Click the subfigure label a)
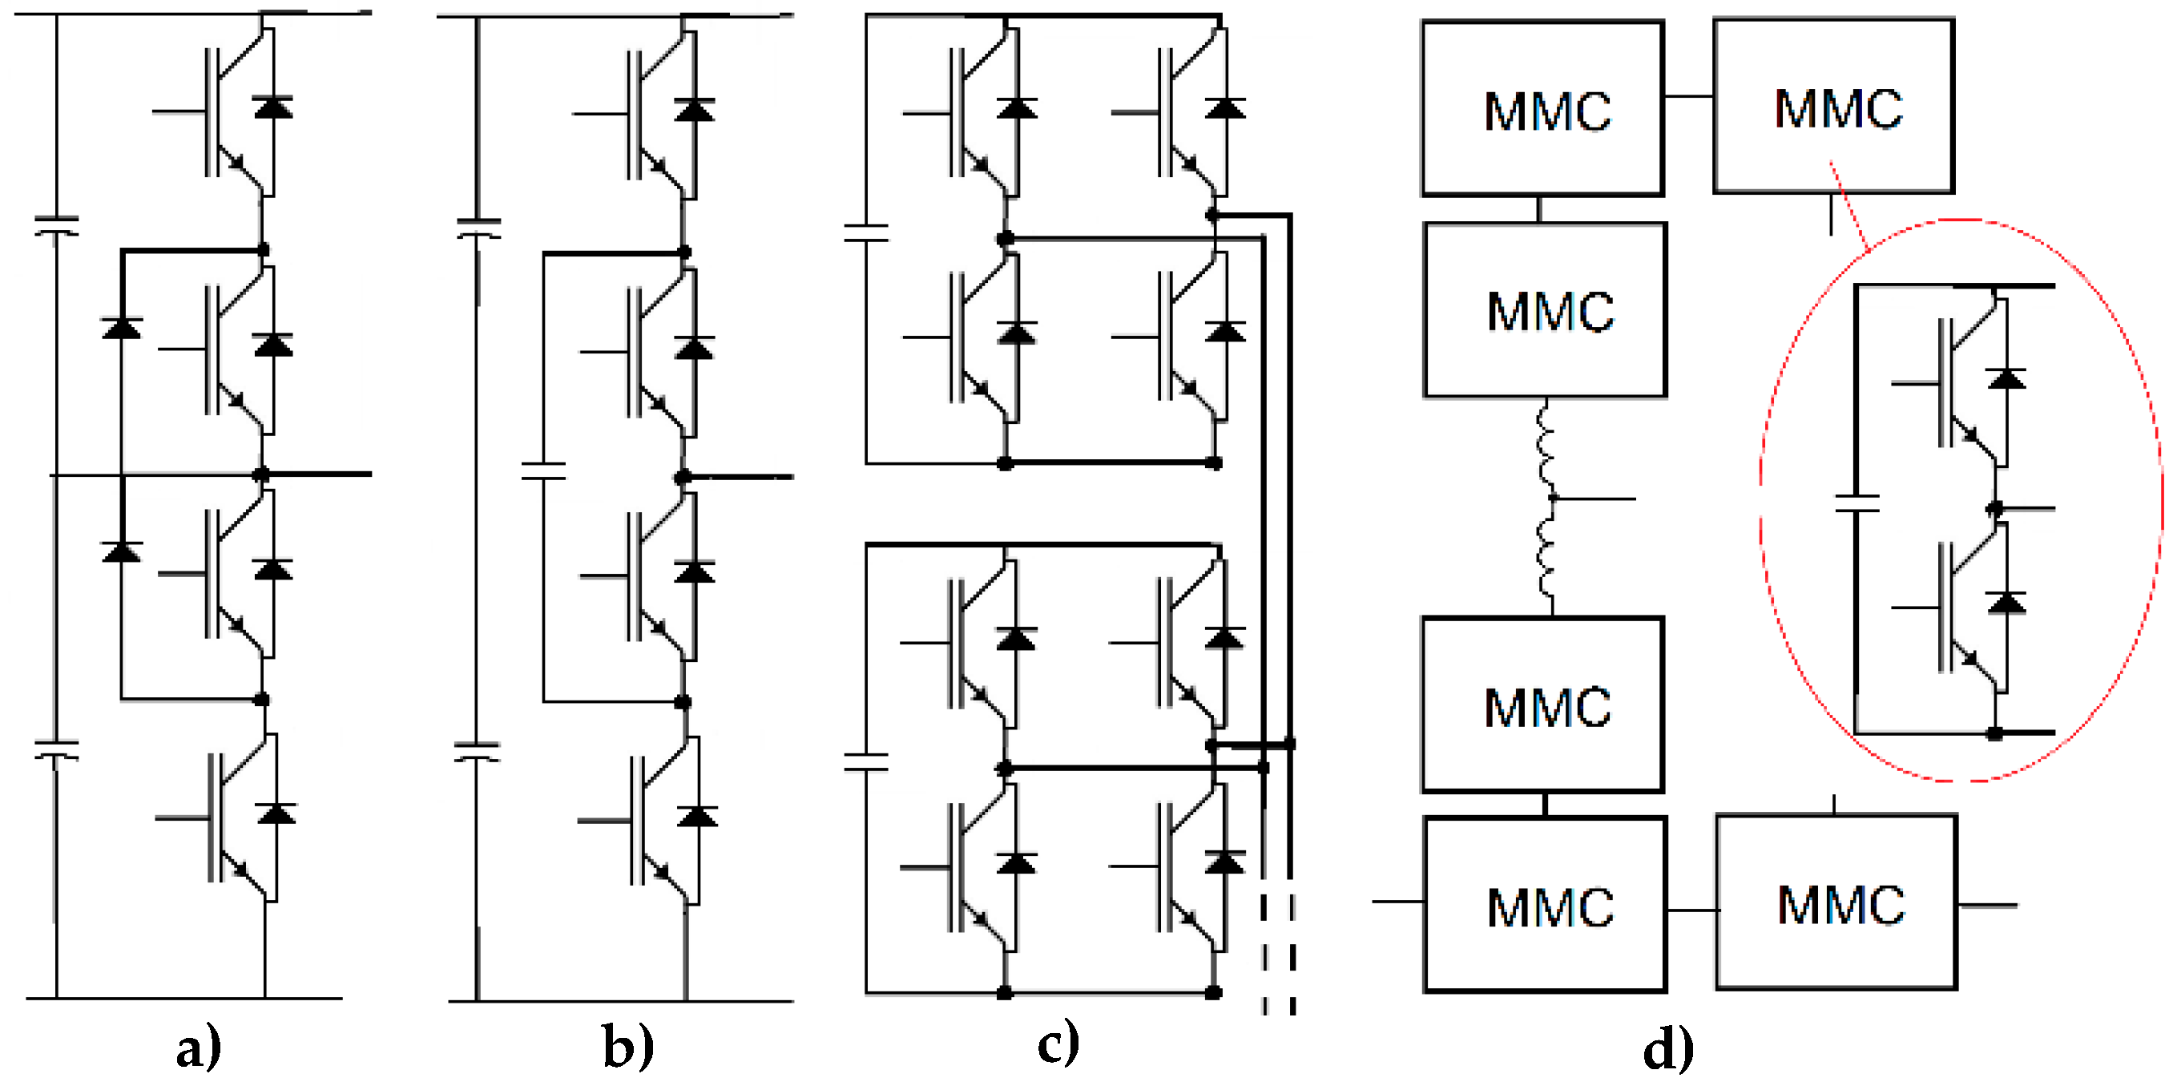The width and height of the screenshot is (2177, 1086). (x=199, y=1049)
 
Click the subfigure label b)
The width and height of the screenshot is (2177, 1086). (x=628, y=1049)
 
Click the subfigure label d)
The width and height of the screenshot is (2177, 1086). (x=1667, y=1049)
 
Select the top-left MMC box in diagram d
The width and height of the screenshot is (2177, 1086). (x=1542, y=109)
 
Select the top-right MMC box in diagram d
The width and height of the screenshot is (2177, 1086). (x=1833, y=107)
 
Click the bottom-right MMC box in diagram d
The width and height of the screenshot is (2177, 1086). (x=1836, y=902)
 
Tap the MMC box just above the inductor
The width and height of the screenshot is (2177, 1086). (x=1545, y=310)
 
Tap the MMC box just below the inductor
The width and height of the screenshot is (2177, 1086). (x=1542, y=704)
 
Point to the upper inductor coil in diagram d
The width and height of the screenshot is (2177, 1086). (x=1546, y=448)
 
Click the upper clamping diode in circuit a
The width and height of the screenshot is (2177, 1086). (x=122, y=328)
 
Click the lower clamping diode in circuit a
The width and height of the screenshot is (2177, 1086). (x=122, y=551)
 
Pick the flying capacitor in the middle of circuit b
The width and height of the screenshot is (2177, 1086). (x=543, y=470)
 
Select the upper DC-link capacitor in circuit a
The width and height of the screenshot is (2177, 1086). (x=57, y=226)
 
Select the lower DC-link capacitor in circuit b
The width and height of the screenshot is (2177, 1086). (x=478, y=751)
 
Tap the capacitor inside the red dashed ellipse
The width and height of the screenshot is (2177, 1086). (x=1856, y=503)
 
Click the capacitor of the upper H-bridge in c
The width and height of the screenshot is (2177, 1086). (x=866, y=233)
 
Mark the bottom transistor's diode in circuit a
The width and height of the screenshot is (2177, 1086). (x=276, y=813)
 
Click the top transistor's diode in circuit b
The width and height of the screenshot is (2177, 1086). (x=695, y=110)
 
